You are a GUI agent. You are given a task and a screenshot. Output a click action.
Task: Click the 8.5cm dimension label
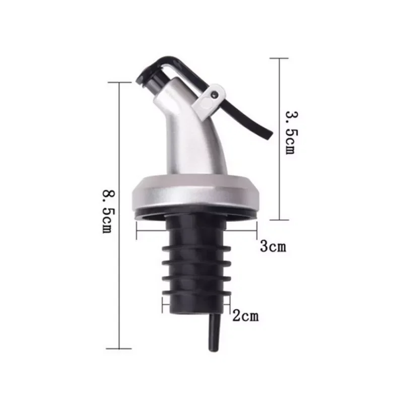click(x=107, y=211)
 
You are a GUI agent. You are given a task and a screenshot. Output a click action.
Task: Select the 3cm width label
click(x=273, y=247)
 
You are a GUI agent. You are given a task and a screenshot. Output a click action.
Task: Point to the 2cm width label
click(x=245, y=316)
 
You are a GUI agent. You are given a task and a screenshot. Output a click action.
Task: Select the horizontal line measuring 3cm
click(x=196, y=232)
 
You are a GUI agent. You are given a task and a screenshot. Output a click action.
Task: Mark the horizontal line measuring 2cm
click(x=196, y=304)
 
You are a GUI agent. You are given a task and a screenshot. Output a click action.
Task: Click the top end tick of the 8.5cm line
click(x=119, y=83)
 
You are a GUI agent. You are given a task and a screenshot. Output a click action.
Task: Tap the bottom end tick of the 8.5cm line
click(x=119, y=348)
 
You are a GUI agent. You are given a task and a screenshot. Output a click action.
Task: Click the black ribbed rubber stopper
click(x=196, y=262)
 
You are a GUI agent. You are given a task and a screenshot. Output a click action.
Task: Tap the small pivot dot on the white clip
click(x=215, y=93)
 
